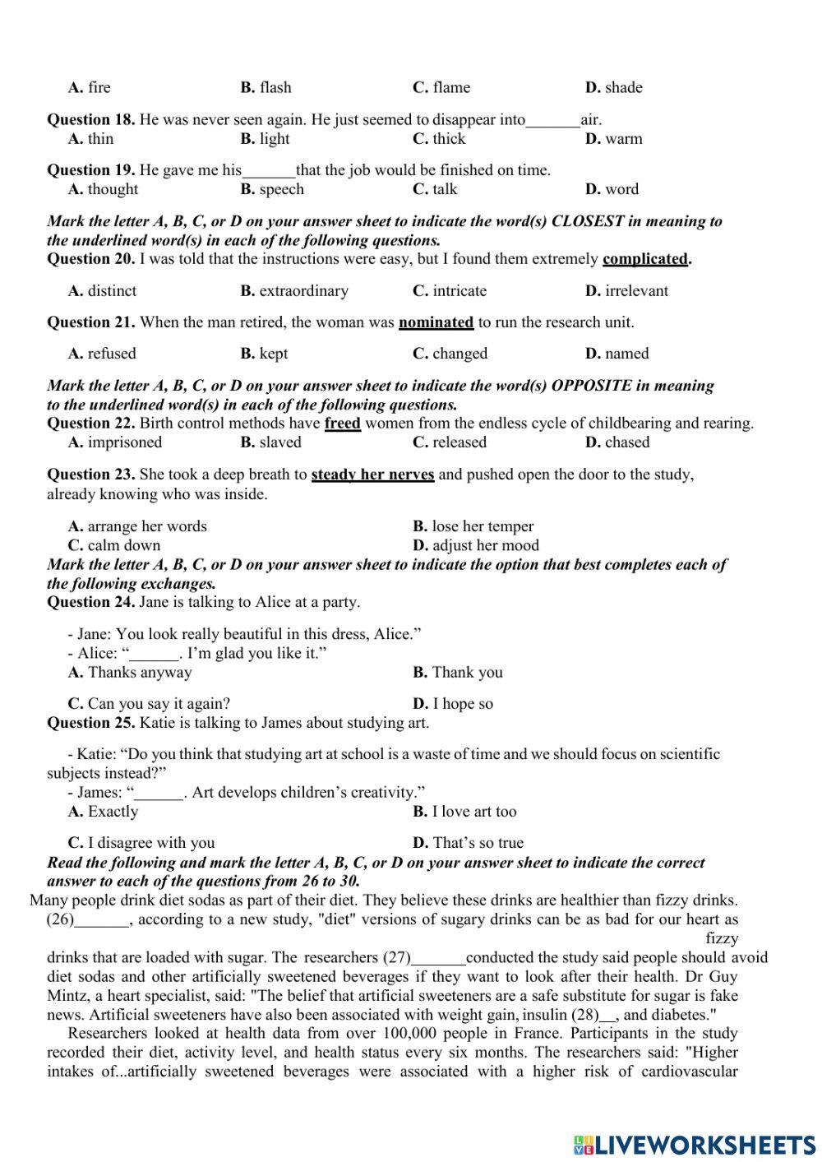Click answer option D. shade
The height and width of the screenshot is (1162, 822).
[x=613, y=88]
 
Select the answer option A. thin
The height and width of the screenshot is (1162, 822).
[x=90, y=139]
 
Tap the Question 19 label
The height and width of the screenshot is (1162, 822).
[x=90, y=171]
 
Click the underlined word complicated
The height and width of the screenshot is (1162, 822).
[x=645, y=259]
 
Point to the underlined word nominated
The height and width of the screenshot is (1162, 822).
[x=436, y=322]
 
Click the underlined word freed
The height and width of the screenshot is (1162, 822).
[x=343, y=424]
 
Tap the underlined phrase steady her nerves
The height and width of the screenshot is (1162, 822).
[x=372, y=475]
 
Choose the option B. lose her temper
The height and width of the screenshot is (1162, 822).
[x=473, y=526]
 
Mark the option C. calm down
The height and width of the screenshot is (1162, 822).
[x=114, y=545]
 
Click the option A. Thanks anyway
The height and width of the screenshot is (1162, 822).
[x=130, y=673]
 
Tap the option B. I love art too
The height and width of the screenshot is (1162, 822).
[x=464, y=812]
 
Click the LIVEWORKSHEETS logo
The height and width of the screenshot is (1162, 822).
[x=695, y=1143]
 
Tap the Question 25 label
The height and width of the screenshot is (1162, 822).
[x=90, y=724]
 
